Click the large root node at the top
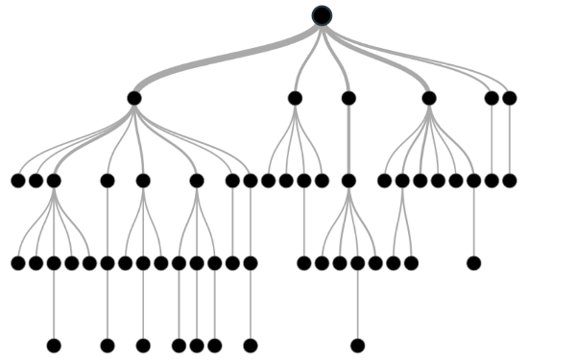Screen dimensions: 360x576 point(322,15)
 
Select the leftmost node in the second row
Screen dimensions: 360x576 point(134,98)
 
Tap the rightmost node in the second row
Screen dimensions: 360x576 point(510,98)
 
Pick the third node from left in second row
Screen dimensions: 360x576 point(348,98)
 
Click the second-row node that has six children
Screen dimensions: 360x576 point(429,98)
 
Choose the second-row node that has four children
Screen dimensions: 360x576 point(295,98)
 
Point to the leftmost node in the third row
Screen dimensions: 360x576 point(18,180)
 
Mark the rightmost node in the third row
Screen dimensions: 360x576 point(510,180)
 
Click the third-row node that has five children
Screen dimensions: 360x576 point(54,180)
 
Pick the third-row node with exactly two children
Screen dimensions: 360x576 point(402,180)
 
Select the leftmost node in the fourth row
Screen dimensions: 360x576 point(18,263)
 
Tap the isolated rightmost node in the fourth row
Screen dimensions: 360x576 point(473,263)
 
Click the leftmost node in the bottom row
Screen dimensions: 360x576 point(54,346)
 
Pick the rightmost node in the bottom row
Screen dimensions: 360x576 point(358,346)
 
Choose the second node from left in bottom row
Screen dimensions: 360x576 point(108,346)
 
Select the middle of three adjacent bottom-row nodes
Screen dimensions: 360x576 point(197,346)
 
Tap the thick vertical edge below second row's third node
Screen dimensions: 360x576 point(348,139)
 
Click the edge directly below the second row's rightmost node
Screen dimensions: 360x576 point(510,139)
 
